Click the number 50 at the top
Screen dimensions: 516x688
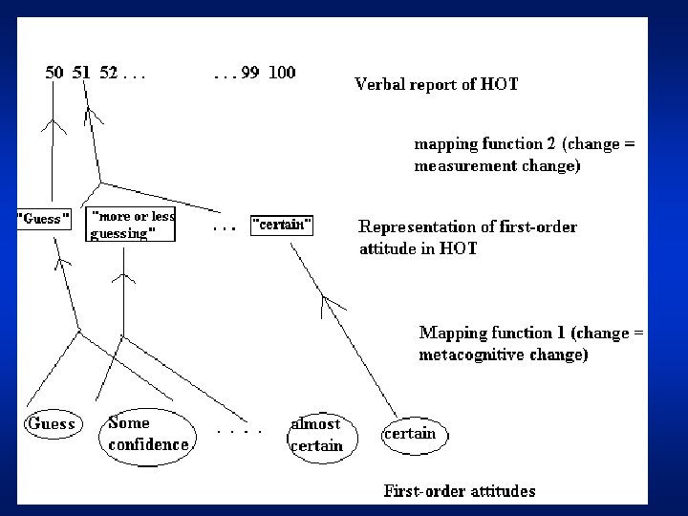tap(55, 73)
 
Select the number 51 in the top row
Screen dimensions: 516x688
tap(82, 73)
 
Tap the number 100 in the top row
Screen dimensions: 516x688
tap(282, 73)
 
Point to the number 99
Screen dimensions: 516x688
tap(250, 73)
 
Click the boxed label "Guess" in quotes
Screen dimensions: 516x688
tap(44, 219)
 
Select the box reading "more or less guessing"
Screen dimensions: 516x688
tap(132, 224)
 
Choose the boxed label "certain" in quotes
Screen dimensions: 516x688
tap(282, 226)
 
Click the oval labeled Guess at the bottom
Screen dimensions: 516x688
tap(52, 423)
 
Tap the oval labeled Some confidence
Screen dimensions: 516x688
tap(147, 434)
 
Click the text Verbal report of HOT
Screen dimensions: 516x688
tap(437, 84)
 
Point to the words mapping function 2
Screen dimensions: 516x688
tap(483, 144)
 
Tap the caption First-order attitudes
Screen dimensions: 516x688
tap(460, 492)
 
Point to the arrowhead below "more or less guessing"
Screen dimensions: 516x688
tap(122, 277)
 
